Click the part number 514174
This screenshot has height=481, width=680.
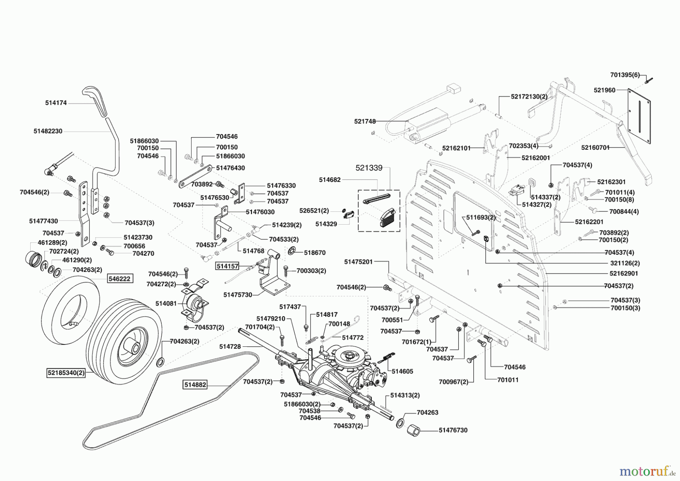click(56, 103)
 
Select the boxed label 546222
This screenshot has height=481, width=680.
click(119, 279)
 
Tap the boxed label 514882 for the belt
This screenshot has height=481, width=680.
click(195, 385)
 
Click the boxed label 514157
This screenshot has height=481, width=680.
click(227, 266)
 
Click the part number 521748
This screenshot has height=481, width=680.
click(365, 121)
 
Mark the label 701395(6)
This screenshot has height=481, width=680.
click(625, 75)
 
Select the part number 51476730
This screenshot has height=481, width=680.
click(453, 430)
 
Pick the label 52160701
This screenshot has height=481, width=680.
click(595, 148)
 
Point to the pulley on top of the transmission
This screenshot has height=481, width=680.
click(348, 355)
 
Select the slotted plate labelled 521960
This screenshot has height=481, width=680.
click(639, 116)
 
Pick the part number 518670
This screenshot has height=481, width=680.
click(315, 253)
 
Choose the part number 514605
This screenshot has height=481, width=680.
click(402, 371)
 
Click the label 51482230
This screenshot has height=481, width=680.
click(48, 131)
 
